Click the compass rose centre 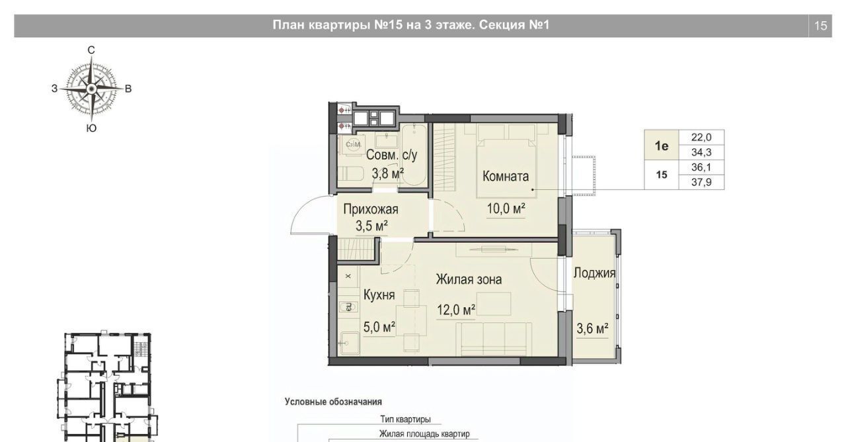tap(91, 89)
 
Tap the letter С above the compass tap(91, 50)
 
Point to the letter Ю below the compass tap(91, 128)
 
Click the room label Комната tap(506, 176)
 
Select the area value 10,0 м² tap(506, 208)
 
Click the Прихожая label tap(371, 209)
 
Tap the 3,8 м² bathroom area tap(388, 173)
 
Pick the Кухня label tap(379, 295)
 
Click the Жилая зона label tap(469, 279)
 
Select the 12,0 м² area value tap(456, 310)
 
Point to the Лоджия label tap(594, 273)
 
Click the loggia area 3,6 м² tap(592, 329)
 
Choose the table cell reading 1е tap(662, 146)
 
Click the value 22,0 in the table tap(701, 137)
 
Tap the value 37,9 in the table tap(701, 182)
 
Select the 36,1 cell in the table tap(701, 167)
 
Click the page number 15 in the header tap(821, 26)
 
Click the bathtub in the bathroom tap(414, 155)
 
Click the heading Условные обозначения tap(333, 402)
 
